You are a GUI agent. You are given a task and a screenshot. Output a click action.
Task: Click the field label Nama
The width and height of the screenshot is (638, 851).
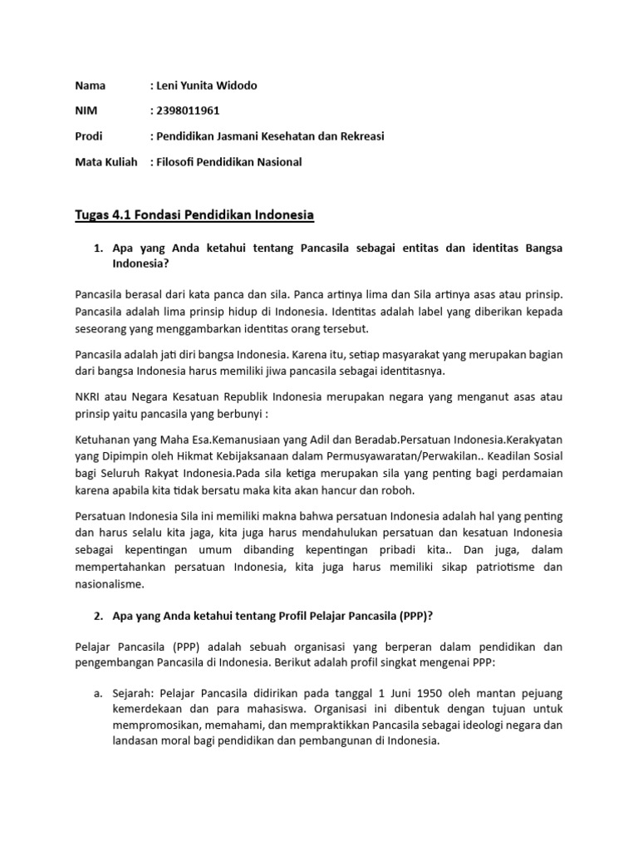point(90,85)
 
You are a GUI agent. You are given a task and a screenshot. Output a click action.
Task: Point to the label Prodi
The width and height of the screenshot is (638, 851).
point(90,136)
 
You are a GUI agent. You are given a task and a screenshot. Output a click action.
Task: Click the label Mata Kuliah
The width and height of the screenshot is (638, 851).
point(106,162)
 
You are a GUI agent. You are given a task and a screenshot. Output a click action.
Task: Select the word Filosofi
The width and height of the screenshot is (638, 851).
point(177,162)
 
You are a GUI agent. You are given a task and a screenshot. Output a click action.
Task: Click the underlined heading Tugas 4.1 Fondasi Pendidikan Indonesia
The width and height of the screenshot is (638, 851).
point(194,215)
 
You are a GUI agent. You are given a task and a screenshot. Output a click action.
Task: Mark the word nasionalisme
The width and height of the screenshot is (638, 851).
point(110,584)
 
